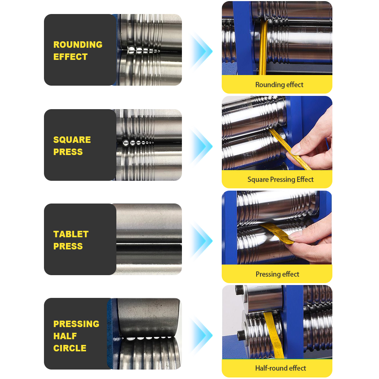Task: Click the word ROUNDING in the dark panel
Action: click(78, 44)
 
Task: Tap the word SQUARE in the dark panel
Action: click(72, 140)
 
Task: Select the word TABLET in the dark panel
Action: click(71, 234)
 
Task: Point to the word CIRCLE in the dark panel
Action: click(70, 348)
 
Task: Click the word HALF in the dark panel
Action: click(65, 336)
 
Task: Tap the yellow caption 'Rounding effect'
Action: click(279, 85)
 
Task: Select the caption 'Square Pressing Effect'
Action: click(280, 179)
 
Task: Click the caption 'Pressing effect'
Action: click(277, 274)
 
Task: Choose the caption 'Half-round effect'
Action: click(280, 368)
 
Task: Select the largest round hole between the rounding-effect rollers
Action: click(131, 50)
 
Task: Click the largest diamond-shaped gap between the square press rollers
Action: click(126, 143)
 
